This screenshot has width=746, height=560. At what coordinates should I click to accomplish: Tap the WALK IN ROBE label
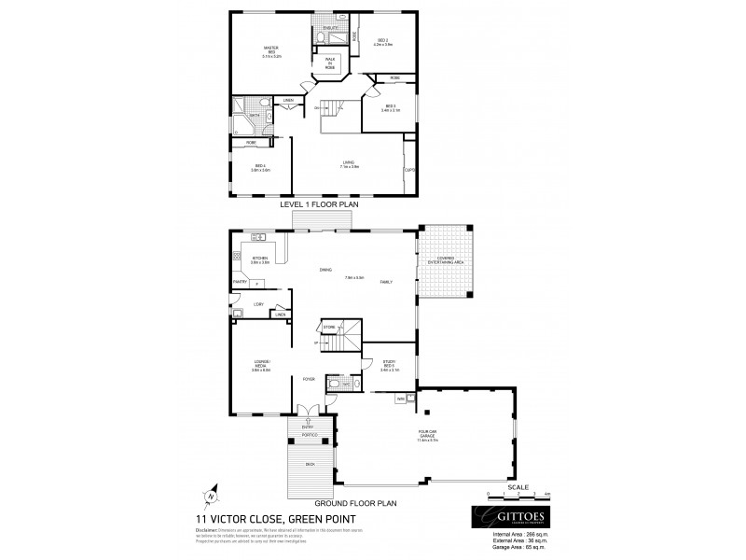[330, 63]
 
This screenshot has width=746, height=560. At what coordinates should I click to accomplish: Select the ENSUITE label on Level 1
[330, 29]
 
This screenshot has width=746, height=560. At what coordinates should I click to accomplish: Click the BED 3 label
[390, 108]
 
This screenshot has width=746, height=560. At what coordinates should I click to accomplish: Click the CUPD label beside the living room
[409, 170]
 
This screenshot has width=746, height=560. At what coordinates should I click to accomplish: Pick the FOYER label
[308, 379]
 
